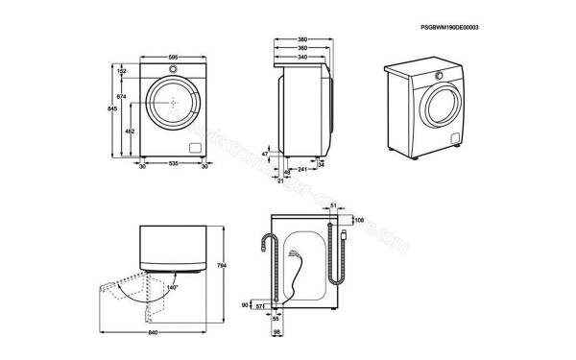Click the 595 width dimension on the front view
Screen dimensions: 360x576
click(174, 58)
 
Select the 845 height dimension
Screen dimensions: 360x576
click(112, 109)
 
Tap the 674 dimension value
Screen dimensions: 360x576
click(121, 98)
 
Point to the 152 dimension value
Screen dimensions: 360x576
click(122, 71)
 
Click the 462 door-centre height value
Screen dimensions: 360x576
click(130, 131)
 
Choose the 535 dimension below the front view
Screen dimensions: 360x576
click(174, 165)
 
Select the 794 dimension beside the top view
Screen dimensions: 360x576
click(223, 266)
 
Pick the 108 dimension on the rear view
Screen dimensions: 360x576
click(358, 220)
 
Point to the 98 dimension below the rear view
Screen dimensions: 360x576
click(276, 332)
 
